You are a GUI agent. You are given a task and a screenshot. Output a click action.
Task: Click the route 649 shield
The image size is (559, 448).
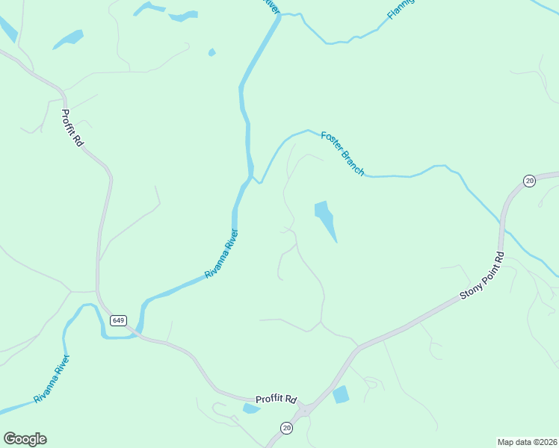[118, 320]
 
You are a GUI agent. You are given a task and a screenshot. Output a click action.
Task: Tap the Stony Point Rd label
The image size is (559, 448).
[483, 276]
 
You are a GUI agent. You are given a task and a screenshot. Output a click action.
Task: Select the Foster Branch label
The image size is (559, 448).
[342, 153]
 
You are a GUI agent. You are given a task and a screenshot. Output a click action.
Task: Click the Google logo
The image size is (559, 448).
[25, 439]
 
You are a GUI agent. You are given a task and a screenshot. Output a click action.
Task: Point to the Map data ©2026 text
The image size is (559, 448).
[528, 442]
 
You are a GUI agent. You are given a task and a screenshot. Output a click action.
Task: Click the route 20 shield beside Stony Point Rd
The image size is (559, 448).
[529, 181]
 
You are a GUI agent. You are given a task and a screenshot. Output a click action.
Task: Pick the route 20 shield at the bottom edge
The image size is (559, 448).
[287, 427]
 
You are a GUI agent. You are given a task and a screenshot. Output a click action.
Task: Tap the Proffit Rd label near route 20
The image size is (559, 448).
[277, 399]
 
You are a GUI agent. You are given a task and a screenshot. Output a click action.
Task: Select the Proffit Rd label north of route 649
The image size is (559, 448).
[72, 128]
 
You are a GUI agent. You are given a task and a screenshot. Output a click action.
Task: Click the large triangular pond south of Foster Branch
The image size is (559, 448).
[325, 218]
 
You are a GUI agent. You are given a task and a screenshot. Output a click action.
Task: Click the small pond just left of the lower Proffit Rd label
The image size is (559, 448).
[251, 408]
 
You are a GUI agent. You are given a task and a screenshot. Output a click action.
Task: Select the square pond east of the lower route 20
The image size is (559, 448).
[341, 394]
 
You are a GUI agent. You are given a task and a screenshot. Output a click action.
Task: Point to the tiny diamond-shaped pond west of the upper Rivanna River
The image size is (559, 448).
[212, 52]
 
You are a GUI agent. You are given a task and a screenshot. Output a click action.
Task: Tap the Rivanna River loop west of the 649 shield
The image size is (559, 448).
[84, 321]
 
